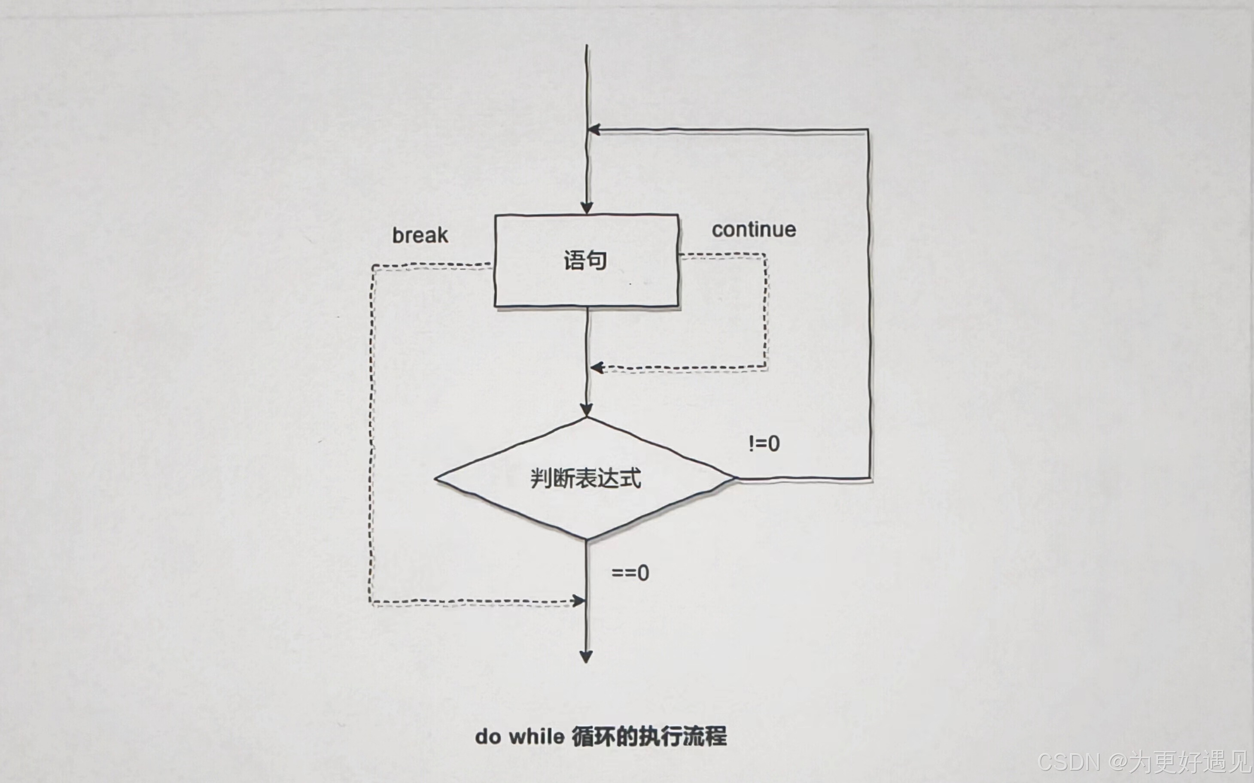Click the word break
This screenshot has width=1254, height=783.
click(x=420, y=235)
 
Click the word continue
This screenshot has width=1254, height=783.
click(x=754, y=229)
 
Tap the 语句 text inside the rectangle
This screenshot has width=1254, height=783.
click(x=585, y=260)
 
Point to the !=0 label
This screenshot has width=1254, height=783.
click(x=764, y=443)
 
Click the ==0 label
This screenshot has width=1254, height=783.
click(x=630, y=573)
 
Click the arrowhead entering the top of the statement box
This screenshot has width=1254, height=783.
click(x=586, y=207)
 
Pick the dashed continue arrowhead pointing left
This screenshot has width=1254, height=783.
click(x=597, y=368)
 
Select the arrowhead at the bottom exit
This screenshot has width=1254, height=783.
click(x=586, y=657)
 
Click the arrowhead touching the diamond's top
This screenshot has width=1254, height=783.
click(x=586, y=410)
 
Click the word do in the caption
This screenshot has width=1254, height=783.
click(x=487, y=736)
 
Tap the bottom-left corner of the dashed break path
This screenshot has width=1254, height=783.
click(x=371, y=603)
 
